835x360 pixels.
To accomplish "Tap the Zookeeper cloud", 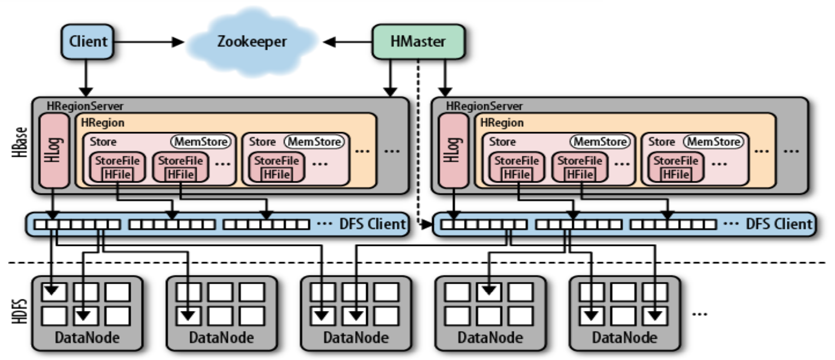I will [x=252, y=42].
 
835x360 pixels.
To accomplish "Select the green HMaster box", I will [x=419, y=41].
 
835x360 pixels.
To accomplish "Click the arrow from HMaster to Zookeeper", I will [x=348, y=42].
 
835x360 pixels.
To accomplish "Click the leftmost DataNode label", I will [x=87, y=338].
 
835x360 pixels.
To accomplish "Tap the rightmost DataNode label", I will [x=625, y=338].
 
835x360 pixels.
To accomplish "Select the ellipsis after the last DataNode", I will [x=700, y=314].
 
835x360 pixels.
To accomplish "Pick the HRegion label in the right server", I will [x=502, y=123].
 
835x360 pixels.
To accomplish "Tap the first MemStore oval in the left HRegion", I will [x=201, y=141].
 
